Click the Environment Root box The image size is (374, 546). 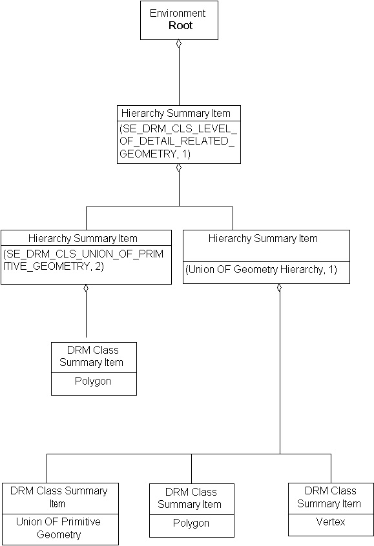coord(179,20)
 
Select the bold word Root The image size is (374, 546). coord(180,26)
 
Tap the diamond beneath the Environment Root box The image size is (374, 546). coord(179,44)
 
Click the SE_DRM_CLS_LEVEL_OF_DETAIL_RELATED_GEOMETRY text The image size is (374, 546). coord(178,141)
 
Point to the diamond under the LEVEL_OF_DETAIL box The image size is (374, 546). coord(179,168)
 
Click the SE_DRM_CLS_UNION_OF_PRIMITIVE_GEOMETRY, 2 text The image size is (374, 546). coord(86,260)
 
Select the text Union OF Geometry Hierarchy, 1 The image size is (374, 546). coord(262,270)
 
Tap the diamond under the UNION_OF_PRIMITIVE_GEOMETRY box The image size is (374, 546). coord(86,288)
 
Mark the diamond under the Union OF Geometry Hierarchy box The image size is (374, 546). coord(280,288)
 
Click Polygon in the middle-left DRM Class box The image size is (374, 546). coord(94,381)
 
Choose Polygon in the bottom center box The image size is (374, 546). coord(191,523)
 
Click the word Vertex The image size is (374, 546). coord(330,521)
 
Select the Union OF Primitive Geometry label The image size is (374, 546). coord(59,528)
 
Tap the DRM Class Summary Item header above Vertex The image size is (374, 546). coord(329,497)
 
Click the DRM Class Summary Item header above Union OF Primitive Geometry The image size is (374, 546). coord(59,497)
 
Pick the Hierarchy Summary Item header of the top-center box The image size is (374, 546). coord(176,113)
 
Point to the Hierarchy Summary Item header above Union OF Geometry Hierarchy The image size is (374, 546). coord(263,238)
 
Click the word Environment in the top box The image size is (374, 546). coord(178,13)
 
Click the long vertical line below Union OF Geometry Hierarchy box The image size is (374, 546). coord(280,374)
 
